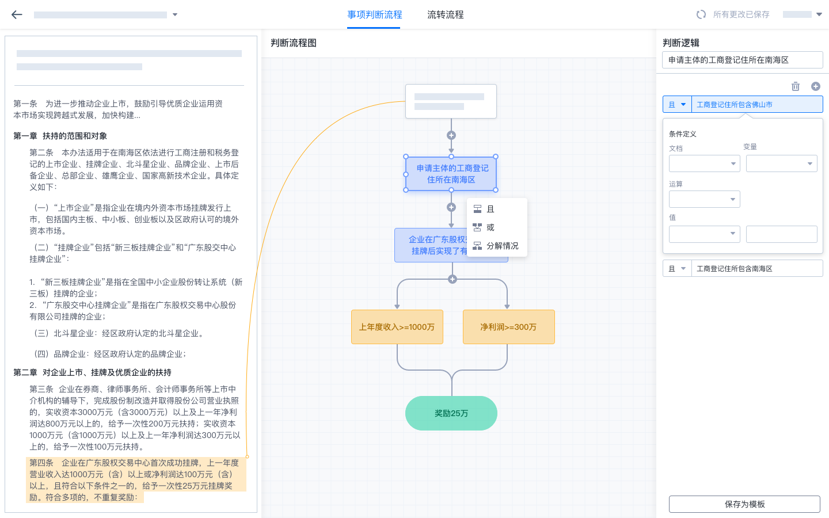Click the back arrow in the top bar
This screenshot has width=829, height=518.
(x=17, y=15)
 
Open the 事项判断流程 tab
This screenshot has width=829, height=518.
(x=374, y=15)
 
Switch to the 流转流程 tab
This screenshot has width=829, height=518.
(x=445, y=15)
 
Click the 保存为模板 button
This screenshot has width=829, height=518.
(x=744, y=504)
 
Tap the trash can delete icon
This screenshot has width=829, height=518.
(x=795, y=86)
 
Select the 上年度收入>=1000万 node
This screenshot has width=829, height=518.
(x=397, y=327)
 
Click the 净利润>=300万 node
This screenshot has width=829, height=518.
(x=508, y=327)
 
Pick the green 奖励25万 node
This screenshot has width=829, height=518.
(x=451, y=413)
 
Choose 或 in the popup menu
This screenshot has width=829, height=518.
(x=490, y=227)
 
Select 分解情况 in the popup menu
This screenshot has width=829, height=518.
(x=501, y=246)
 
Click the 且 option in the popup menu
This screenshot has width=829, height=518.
(x=490, y=209)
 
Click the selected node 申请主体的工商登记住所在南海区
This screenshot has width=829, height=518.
(x=451, y=174)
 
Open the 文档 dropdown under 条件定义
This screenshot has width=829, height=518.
(x=704, y=163)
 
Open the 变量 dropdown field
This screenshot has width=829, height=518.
(x=781, y=163)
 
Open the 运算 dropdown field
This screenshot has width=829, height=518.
(x=704, y=199)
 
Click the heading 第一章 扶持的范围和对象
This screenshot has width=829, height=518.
(x=60, y=136)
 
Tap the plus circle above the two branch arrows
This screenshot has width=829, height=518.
(x=452, y=279)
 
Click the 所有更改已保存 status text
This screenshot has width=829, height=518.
(x=740, y=15)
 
